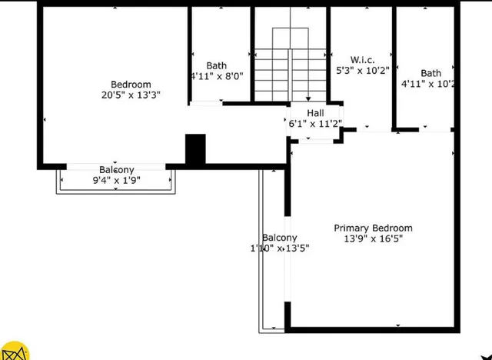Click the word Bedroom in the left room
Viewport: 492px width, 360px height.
[x=131, y=85]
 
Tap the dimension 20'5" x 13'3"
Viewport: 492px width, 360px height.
[x=131, y=95]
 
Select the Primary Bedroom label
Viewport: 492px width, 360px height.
[x=373, y=228]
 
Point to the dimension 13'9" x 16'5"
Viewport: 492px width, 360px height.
[x=373, y=238]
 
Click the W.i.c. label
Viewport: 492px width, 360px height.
[x=362, y=59]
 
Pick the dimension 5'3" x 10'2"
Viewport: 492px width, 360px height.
[x=364, y=70]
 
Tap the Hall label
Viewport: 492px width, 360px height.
[x=315, y=113]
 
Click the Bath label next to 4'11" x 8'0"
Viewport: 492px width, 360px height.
[x=216, y=66]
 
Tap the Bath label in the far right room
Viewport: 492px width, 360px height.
[x=430, y=73]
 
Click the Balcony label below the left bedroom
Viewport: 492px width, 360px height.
[x=116, y=170]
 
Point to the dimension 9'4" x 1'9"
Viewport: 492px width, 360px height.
[x=116, y=181]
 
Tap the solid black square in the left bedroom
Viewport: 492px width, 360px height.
[x=196, y=149]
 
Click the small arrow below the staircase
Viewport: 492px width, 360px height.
[x=308, y=98]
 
